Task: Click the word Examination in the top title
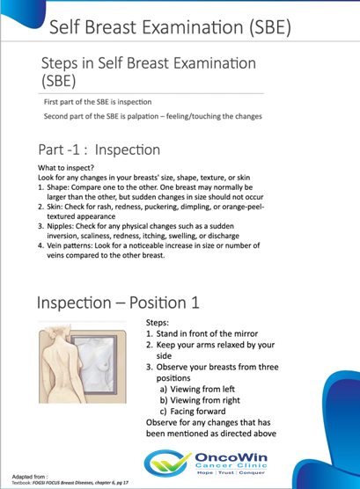click(x=193, y=26)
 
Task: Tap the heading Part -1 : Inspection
click(x=99, y=150)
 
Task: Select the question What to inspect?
click(x=66, y=168)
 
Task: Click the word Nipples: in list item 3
click(x=60, y=226)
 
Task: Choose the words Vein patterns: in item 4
click(x=70, y=245)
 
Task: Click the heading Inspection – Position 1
click(x=118, y=303)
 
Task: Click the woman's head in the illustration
click(x=58, y=332)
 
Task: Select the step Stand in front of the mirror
click(x=207, y=333)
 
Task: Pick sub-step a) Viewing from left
click(x=197, y=390)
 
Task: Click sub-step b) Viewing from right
click(x=200, y=400)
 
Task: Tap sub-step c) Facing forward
click(x=193, y=412)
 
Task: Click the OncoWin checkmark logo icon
click(x=167, y=463)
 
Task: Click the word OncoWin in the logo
click(x=231, y=457)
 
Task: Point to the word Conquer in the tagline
click(x=252, y=473)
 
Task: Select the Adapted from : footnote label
click(x=30, y=477)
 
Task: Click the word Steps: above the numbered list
click(x=158, y=323)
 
